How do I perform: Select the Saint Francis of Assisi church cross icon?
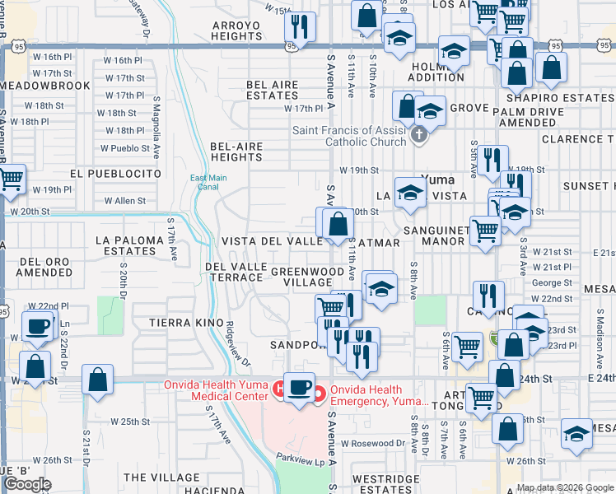pyautogui.click(x=419, y=134)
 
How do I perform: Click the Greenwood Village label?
pyautogui.click(x=307, y=277)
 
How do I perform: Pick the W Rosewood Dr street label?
pyautogui.click(x=373, y=443)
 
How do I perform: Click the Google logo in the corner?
pyautogui.click(x=27, y=484)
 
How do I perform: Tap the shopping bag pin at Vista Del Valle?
pyautogui.click(x=338, y=224)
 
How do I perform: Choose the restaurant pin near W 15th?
pyautogui.click(x=301, y=26)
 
